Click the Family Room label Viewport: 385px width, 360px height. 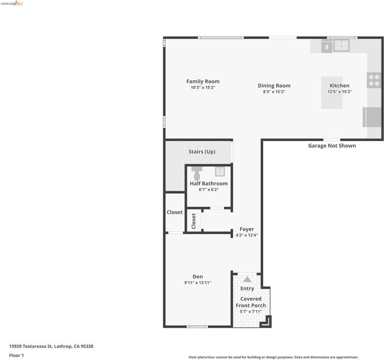(x=203, y=82)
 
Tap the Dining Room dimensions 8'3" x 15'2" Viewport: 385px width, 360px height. (x=274, y=92)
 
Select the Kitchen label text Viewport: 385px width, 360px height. (x=339, y=86)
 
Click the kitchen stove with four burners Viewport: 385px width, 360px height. (x=374, y=80)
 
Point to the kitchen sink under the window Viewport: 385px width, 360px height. (x=341, y=46)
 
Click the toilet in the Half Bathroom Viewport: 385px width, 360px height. (x=197, y=173)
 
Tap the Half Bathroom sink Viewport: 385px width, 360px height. (x=220, y=172)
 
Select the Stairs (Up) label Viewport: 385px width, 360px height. (x=202, y=152)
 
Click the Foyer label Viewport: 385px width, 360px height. (x=247, y=229)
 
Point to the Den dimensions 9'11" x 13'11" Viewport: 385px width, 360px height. (x=198, y=283)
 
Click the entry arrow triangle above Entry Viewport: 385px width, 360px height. (x=247, y=280)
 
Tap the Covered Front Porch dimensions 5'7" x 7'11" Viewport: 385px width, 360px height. (x=250, y=311)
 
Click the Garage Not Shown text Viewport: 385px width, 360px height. (x=332, y=146)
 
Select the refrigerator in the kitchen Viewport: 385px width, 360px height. (x=372, y=117)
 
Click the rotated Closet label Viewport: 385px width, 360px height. (x=193, y=221)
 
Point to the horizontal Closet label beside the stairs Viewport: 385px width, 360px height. (x=175, y=212)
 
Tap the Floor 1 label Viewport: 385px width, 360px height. (x=16, y=355)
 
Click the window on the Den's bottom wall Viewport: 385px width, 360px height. (x=198, y=326)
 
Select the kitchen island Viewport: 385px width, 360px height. (x=332, y=92)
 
